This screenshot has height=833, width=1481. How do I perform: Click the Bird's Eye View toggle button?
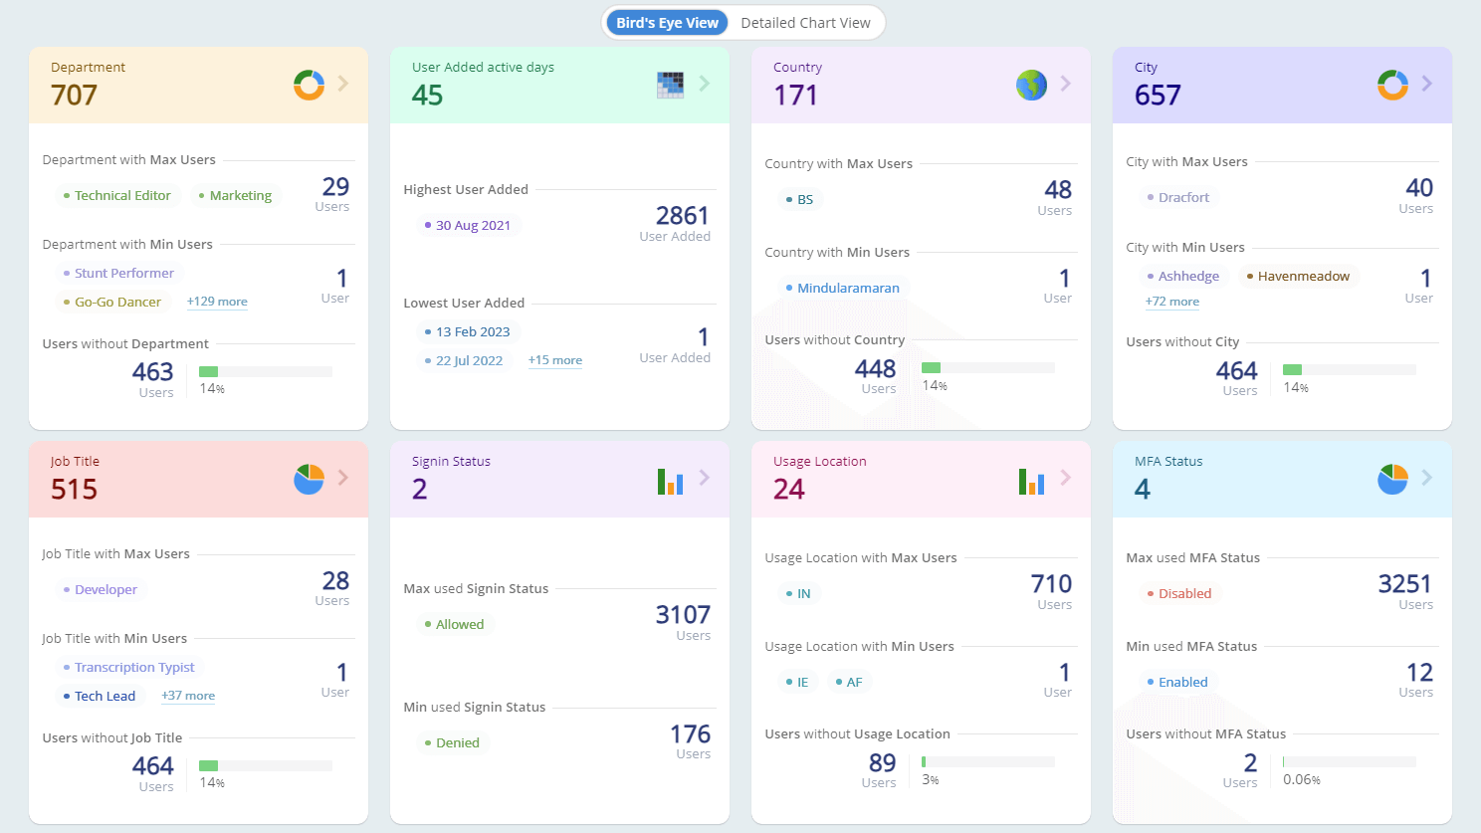(x=667, y=23)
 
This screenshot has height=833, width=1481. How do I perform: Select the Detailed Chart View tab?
(x=805, y=23)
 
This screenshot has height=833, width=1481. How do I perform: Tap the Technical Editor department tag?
(x=117, y=196)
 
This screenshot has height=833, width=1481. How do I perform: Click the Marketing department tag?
(x=236, y=196)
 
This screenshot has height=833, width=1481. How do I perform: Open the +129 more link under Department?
(x=217, y=302)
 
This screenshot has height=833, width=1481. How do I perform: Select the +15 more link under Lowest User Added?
(x=555, y=360)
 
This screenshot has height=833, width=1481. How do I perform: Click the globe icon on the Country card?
(x=1031, y=85)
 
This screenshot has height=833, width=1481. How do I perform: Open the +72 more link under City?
(x=1172, y=302)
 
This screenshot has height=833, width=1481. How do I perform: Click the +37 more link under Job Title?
(x=188, y=696)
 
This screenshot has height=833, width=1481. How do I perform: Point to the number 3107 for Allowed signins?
(x=683, y=615)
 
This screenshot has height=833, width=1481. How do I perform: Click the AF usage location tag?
(x=849, y=683)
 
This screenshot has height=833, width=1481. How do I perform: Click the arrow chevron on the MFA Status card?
(x=1427, y=478)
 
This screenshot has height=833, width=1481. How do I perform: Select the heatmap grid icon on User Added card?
(x=670, y=85)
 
